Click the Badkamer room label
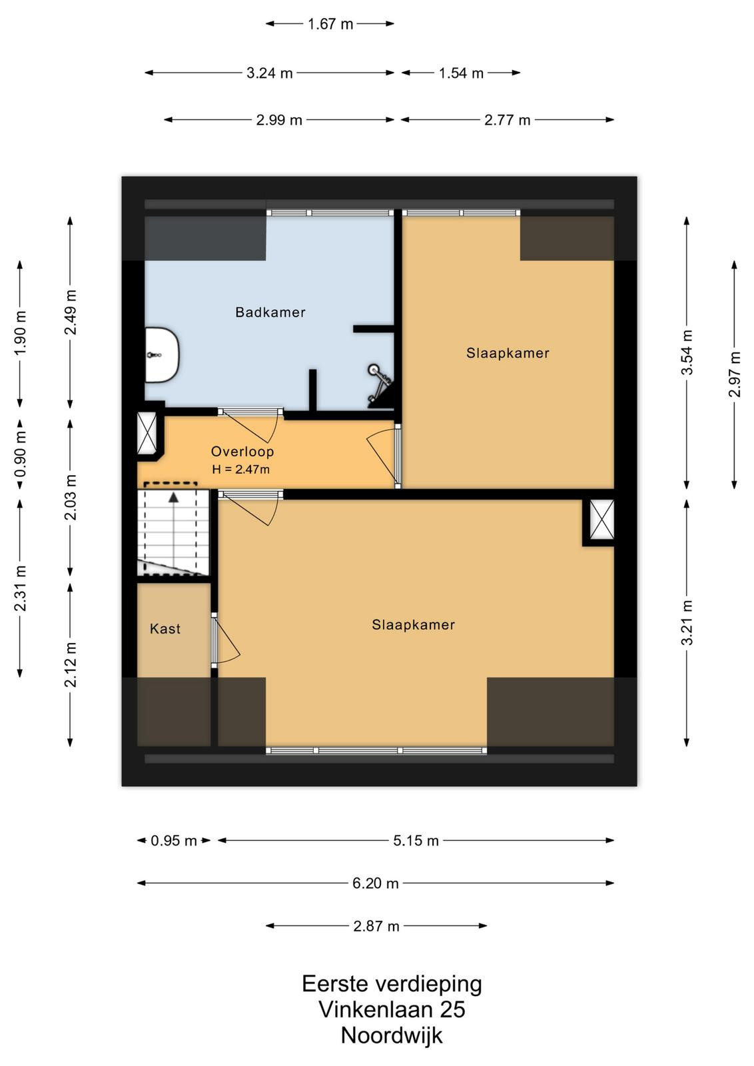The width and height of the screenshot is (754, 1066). (270, 312)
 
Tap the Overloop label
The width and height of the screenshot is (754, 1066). (242, 451)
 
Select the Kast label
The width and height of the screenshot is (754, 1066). (165, 629)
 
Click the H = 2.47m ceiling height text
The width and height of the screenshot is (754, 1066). (240, 469)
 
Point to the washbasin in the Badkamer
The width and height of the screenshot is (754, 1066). (162, 354)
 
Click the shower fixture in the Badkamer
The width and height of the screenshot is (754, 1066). (380, 385)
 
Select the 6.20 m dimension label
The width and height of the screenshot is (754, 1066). (376, 883)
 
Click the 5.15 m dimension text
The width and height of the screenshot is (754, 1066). (416, 840)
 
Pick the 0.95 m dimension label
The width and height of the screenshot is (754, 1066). (174, 841)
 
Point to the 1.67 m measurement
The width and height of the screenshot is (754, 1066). (330, 24)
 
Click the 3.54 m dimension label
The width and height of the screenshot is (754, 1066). (687, 352)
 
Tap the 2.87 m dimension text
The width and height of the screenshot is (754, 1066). (376, 926)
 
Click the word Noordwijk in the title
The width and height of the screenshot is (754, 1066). (392, 1035)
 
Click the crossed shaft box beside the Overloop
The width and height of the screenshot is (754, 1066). (147, 433)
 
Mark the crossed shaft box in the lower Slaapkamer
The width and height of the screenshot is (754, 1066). (601, 520)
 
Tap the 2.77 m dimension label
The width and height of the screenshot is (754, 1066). (507, 120)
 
